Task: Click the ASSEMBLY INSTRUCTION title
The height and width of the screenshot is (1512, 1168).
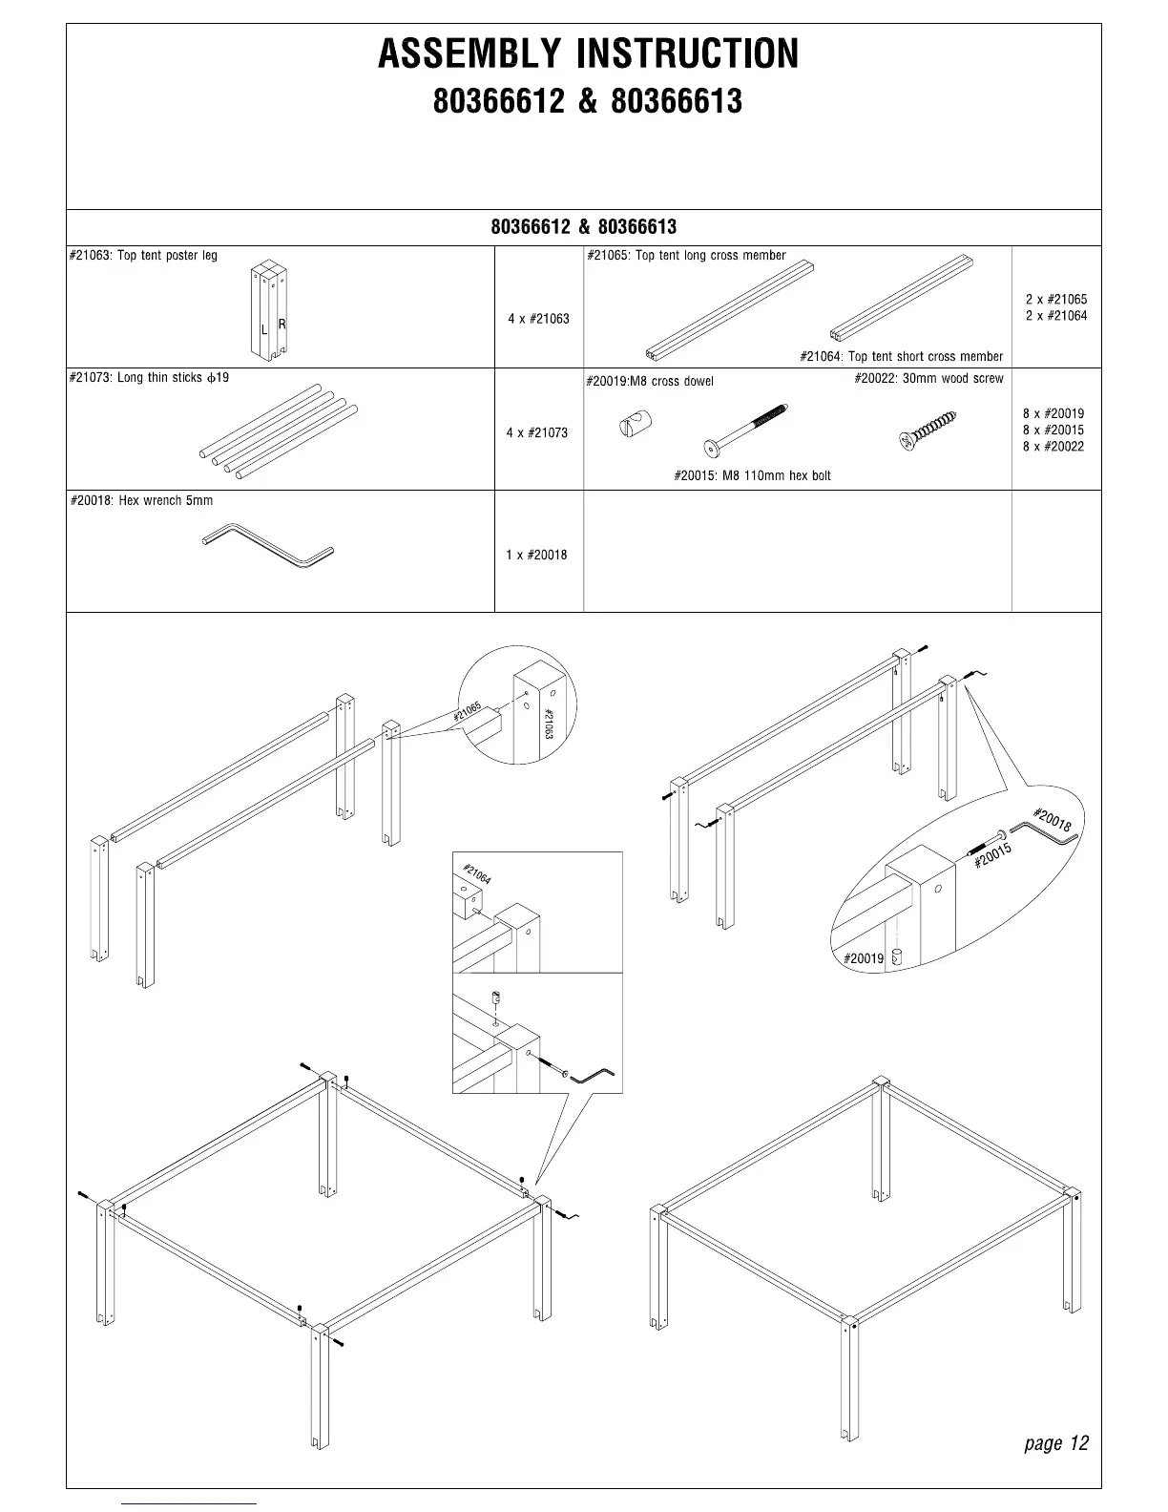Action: pyautogui.click(x=588, y=54)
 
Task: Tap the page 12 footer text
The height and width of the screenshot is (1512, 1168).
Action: pyautogui.click(x=1055, y=1442)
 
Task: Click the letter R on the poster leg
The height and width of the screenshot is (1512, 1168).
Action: pyautogui.click(x=282, y=325)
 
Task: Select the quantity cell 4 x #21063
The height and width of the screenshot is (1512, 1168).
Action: pyautogui.click(x=538, y=319)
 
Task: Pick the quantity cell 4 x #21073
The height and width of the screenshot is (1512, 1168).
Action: pyautogui.click(x=537, y=433)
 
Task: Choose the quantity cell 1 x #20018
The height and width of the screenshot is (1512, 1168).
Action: pyautogui.click(x=536, y=555)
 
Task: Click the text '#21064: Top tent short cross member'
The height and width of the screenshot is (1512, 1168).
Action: pyautogui.click(x=901, y=357)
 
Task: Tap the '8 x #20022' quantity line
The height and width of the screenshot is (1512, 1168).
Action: pyautogui.click(x=1053, y=447)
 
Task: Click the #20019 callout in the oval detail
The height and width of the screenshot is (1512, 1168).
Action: pyautogui.click(x=864, y=957)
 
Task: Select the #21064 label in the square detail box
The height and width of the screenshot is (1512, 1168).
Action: pyautogui.click(x=477, y=873)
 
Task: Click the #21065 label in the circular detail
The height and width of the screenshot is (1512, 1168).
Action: pyautogui.click(x=468, y=712)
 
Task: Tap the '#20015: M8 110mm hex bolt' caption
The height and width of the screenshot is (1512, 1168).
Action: pyautogui.click(x=752, y=475)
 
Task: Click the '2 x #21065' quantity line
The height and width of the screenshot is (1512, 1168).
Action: pyautogui.click(x=1055, y=300)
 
